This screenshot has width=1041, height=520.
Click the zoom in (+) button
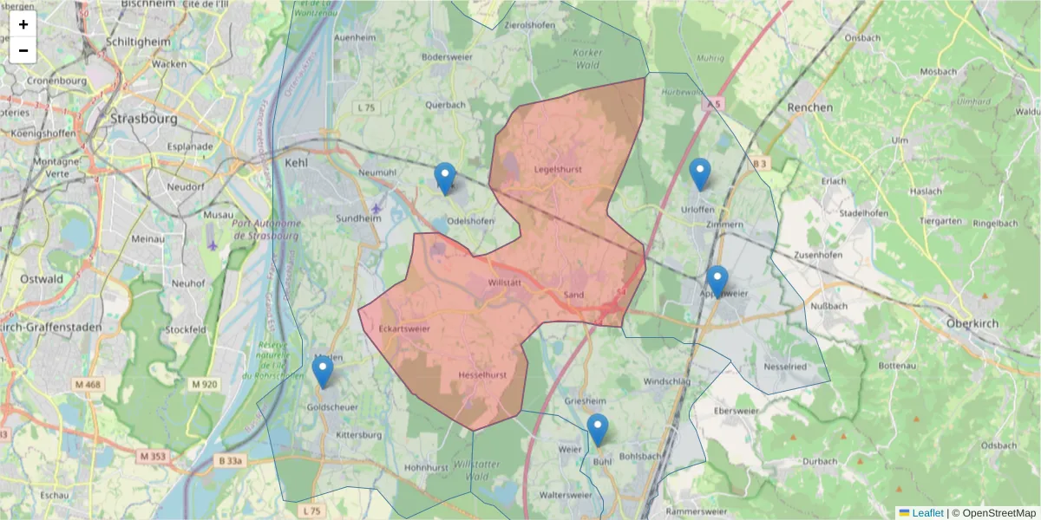pyautogui.click(x=23, y=24)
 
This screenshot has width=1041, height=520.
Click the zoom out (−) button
pyautogui.click(x=23, y=50)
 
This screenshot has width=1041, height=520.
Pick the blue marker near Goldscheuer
pyautogui.click(x=323, y=372)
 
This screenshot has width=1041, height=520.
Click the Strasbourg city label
pyautogui.click(x=144, y=118)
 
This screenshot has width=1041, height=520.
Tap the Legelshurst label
pyautogui.click(x=559, y=169)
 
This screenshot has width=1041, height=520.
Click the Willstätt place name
pyautogui.click(x=505, y=283)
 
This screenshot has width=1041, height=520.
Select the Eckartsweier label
pyautogui.click(x=404, y=329)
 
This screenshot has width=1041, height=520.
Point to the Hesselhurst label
pyautogui.click(x=481, y=374)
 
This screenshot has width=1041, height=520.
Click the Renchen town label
pyautogui.click(x=809, y=107)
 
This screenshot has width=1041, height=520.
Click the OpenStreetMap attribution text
pyautogui.click(x=993, y=513)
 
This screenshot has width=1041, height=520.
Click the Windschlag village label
pyautogui.click(x=666, y=380)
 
